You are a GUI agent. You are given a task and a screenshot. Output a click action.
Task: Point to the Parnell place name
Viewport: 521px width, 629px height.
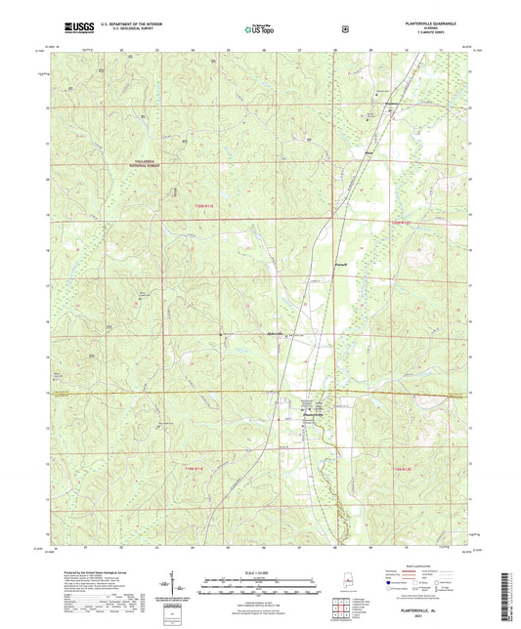(x=340, y=263)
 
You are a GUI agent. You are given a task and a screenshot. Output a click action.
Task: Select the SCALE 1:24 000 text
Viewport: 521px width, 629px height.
(x=259, y=570)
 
